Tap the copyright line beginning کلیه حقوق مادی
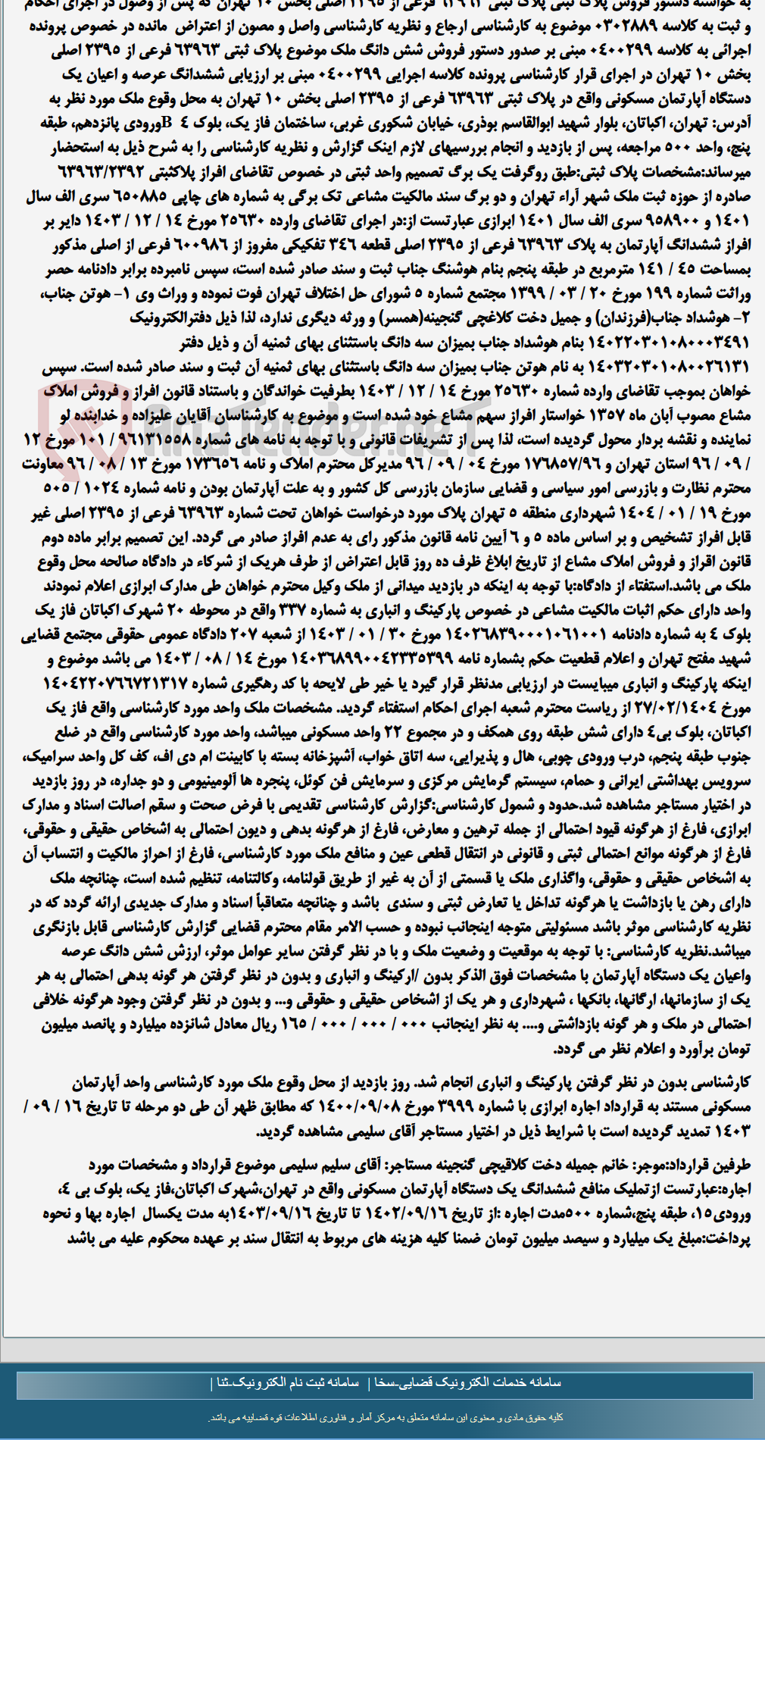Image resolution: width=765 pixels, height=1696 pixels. (386, 1417)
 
